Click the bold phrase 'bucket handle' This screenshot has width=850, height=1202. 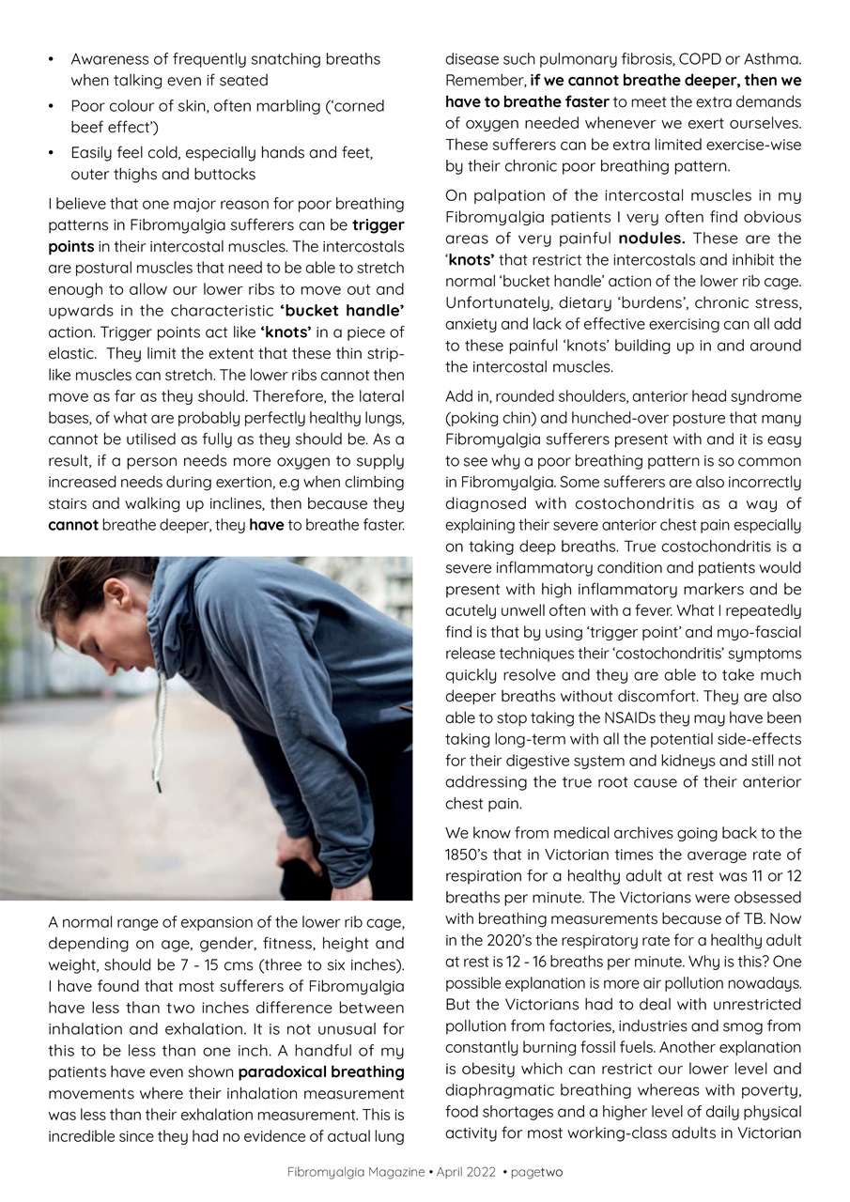342,310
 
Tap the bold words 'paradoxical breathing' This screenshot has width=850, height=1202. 321,1071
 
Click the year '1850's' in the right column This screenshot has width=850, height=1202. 465,855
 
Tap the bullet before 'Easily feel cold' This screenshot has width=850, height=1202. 52,152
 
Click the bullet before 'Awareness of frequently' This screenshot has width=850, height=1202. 52,59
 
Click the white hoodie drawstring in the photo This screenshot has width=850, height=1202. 157,723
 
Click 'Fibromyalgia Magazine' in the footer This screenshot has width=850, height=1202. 356,1172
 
